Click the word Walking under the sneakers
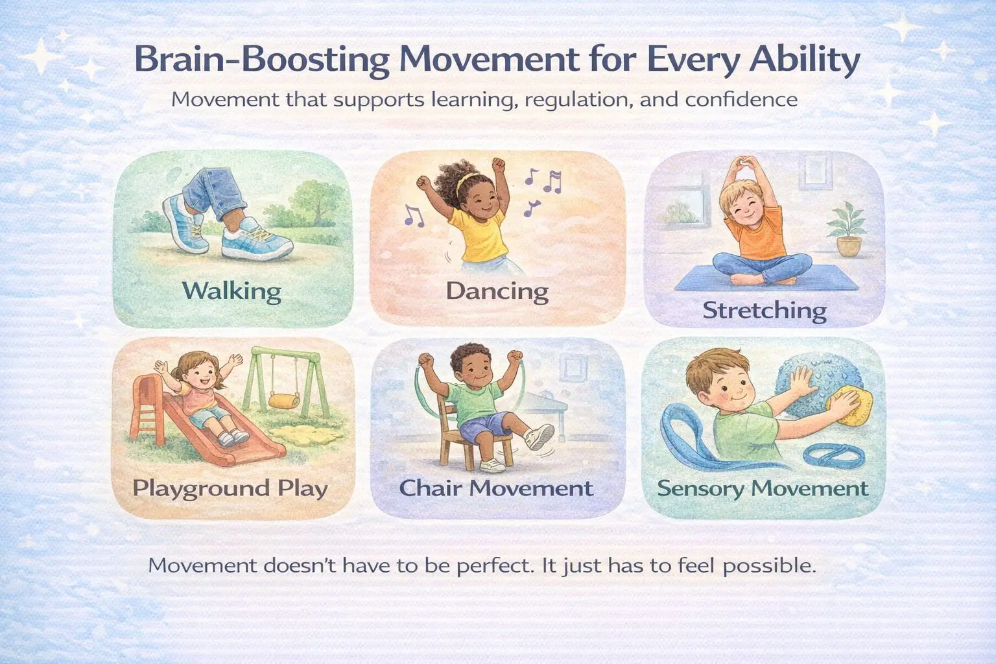click(x=231, y=291)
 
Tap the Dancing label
click(x=497, y=292)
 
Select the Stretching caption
click(x=765, y=311)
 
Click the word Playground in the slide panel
click(x=202, y=489)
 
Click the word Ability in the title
click(x=804, y=61)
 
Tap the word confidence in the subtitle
click(x=741, y=99)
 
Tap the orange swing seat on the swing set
click(x=284, y=401)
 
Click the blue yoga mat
click(x=766, y=278)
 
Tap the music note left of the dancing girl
click(x=414, y=215)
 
